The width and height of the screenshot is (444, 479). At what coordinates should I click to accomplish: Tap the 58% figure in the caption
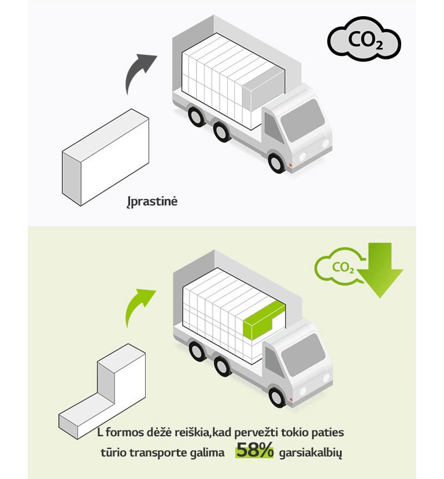click(254, 452)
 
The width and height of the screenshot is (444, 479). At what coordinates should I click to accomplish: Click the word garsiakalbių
click(310, 453)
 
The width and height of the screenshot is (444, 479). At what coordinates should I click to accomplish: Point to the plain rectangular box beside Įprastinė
click(105, 158)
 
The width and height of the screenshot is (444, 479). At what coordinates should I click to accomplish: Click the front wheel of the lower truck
click(279, 396)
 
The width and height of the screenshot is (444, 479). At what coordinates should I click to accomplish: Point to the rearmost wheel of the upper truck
click(197, 117)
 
